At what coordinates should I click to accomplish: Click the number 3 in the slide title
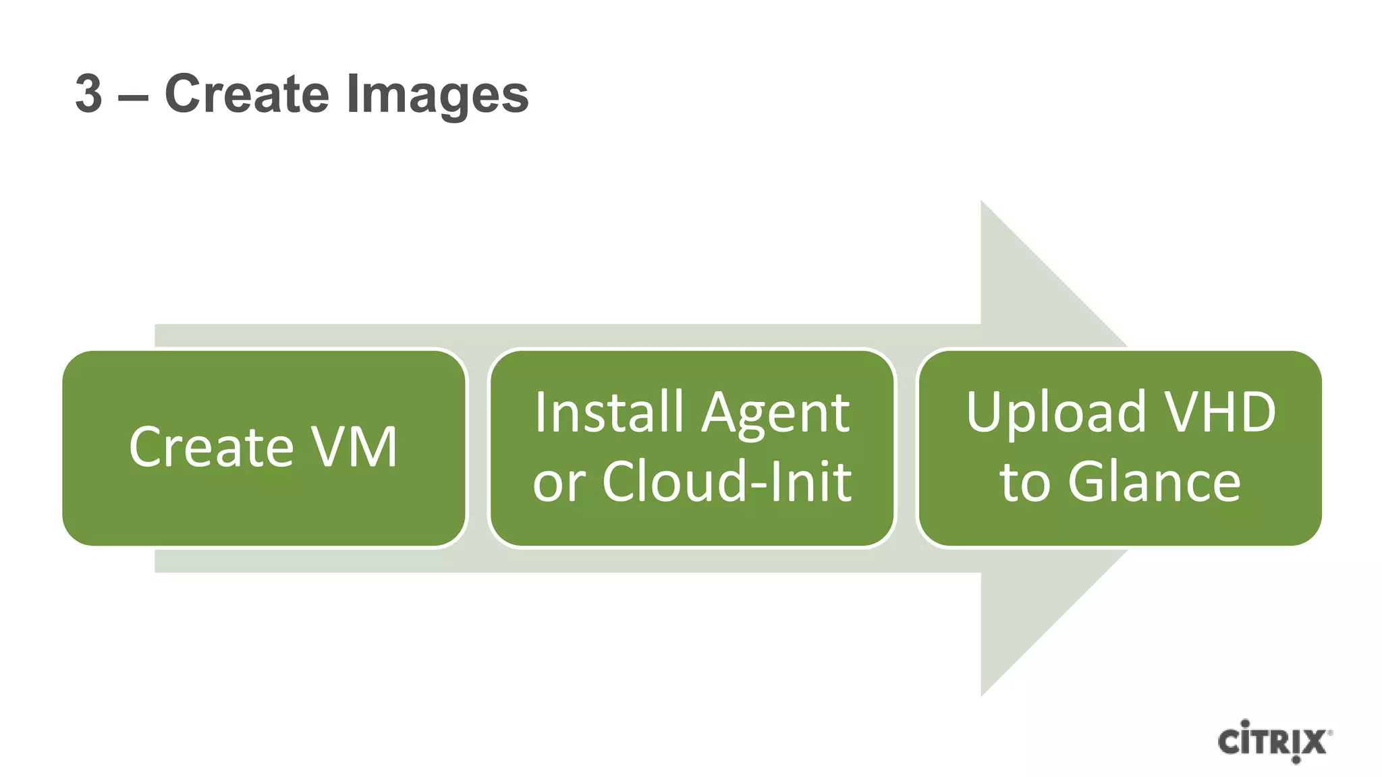pos(88,94)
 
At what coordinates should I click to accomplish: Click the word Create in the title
pos(248,94)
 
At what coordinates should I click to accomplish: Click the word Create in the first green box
pos(211,447)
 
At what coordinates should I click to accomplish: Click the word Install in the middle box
pos(609,412)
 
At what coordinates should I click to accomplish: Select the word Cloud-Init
pos(727,482)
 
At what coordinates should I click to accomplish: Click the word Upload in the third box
pos(1055,413)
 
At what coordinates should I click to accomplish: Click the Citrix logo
pos(1272,742)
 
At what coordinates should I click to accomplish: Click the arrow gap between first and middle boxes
pos(478,448)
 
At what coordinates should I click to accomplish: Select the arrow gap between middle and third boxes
pos(906,448)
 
